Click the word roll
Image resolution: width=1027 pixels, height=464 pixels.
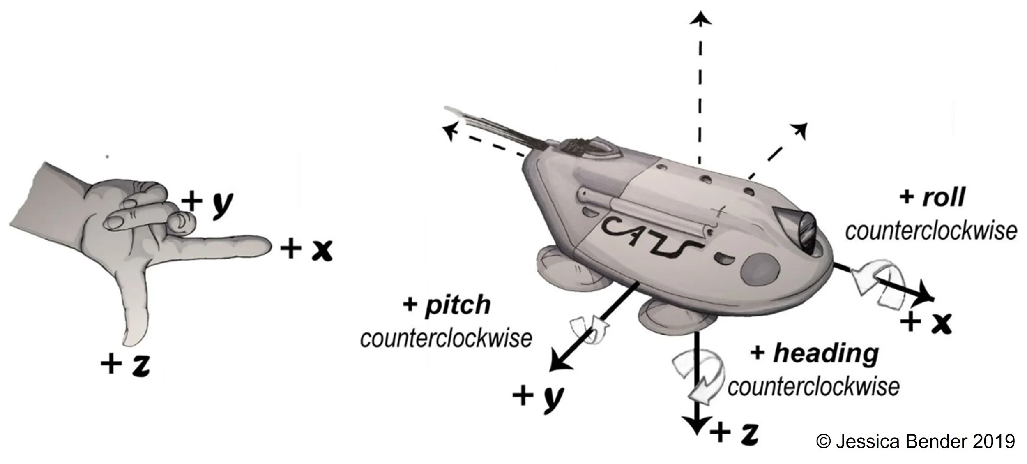coord(944,198)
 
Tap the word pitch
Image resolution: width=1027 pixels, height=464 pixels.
coord(458,305)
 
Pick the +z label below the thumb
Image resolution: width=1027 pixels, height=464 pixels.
coord(126,364)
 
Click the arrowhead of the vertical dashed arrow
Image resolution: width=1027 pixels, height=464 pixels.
coord(700,18)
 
